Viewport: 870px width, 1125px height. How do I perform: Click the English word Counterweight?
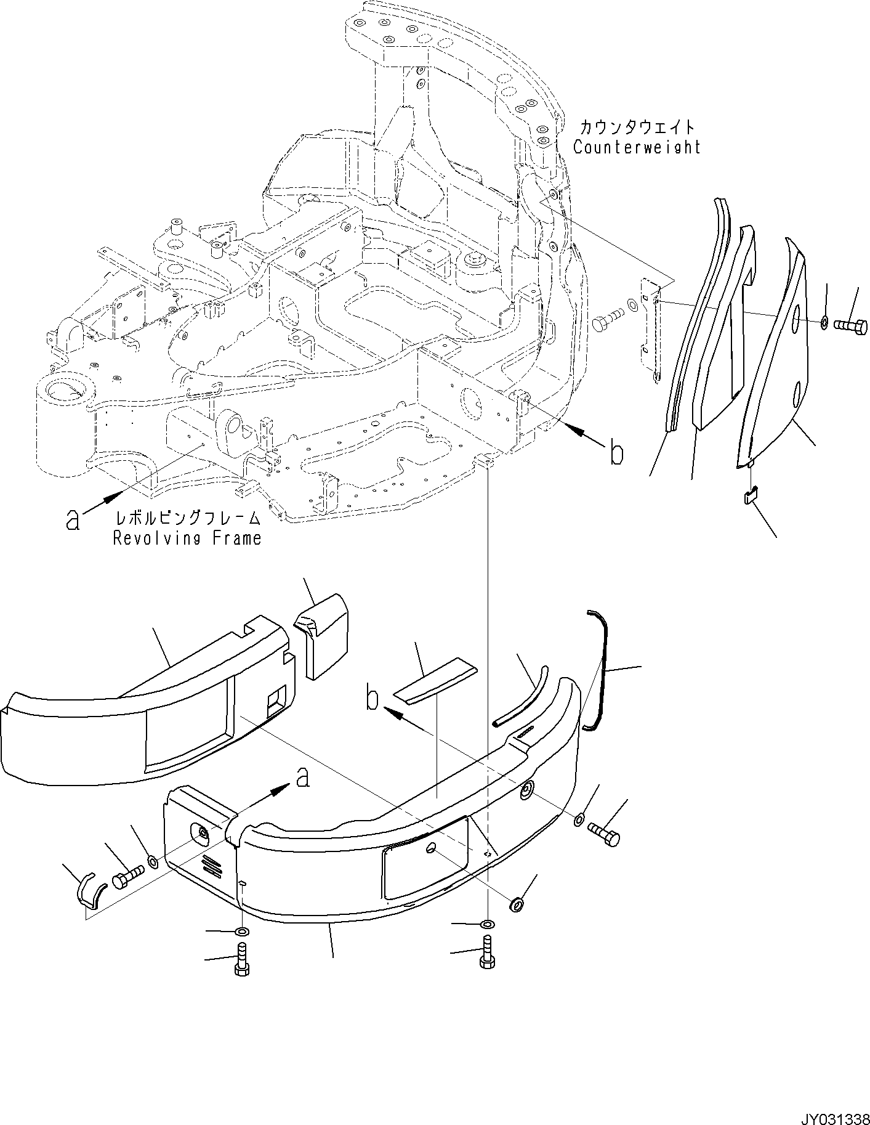pos(637,147)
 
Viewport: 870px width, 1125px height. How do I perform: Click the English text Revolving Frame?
pos(187,538)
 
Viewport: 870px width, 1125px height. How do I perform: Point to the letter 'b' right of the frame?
pos(616,453)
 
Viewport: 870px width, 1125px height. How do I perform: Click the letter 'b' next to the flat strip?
pos(372,699)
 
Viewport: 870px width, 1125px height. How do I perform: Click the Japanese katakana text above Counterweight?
pos(637,128)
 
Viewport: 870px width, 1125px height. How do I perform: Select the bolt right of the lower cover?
pos(605,834)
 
